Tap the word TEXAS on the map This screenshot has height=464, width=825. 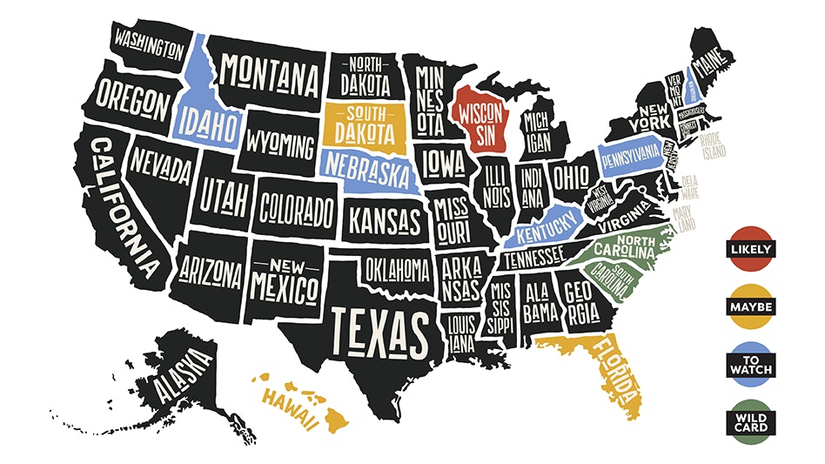pos(379,333)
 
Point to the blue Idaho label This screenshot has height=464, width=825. pos(207,126)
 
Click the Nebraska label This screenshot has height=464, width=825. pos(366,168)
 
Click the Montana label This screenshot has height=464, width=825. pos(268,77)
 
